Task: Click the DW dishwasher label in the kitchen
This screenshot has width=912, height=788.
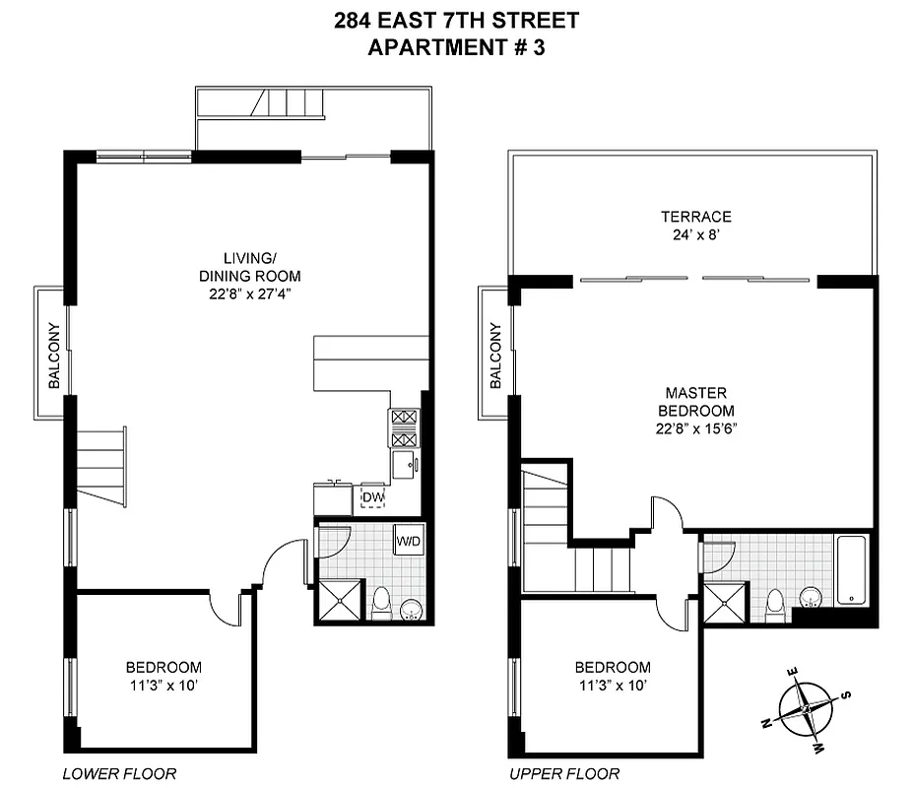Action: [x=371, y=497]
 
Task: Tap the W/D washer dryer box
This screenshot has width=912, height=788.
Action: [x=408, y=542]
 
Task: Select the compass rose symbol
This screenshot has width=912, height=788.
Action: [x=807, y=708]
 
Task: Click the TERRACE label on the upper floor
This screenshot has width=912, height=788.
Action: [x=695, y=217]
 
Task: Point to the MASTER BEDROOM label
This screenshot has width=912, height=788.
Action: [x=696, y=402]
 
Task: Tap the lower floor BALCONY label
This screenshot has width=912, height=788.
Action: [x=54, y=356]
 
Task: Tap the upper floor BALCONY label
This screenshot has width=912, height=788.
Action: [x=495, y=355]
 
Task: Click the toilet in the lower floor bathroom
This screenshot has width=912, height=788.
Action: [x=381, y=602]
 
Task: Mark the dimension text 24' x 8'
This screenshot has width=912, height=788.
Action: [x=695, y=234]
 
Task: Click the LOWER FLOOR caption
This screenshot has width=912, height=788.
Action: [x=119, y=773]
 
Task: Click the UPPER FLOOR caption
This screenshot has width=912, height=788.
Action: [x=564, y=773]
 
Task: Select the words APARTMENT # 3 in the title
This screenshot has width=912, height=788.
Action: [x=455, y=48]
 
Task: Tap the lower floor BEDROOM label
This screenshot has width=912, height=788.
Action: [x=163, y=667]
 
